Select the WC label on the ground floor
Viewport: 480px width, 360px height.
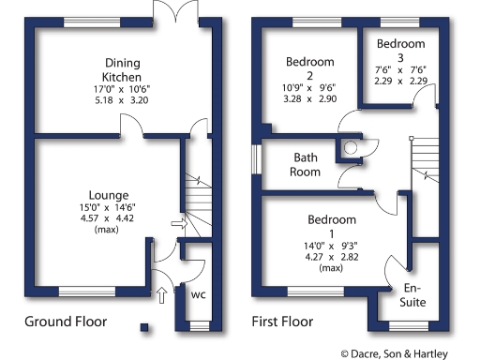point(198,294)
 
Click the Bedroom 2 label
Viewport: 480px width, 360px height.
point(311,69)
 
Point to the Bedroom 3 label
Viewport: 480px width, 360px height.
point(400,51)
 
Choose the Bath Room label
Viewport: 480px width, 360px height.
point(307,165)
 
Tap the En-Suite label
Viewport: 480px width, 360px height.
point(413,295)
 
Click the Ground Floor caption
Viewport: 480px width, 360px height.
point(65,322)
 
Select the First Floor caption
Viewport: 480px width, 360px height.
point(282,322)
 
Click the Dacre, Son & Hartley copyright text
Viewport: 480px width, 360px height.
point(407,352)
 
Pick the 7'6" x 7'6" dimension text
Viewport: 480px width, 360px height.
point(400,69)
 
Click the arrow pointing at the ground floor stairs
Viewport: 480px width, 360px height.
point(178,223)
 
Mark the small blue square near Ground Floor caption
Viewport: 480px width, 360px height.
point(143,327)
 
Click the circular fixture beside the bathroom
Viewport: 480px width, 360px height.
point(352,147)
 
